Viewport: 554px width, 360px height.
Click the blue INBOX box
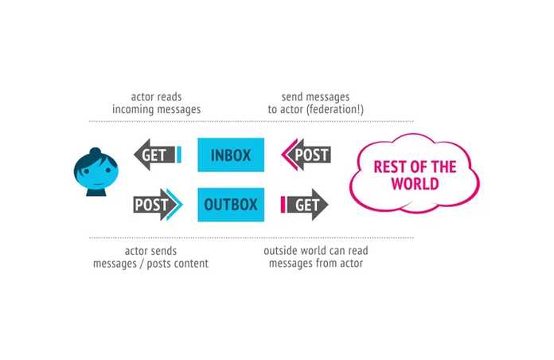[231, 155]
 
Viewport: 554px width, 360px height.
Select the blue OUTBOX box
[231, 205]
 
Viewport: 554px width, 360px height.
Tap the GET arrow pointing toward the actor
[154, 155]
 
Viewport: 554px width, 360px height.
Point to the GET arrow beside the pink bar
[307, 205]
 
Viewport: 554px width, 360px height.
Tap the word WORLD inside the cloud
[415, 184]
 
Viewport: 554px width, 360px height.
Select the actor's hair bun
[95, 152]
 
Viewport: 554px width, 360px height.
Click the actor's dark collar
[96, 191]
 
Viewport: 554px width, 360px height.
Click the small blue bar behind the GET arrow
[179, 155]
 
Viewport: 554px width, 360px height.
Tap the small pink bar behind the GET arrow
[283, 205]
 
